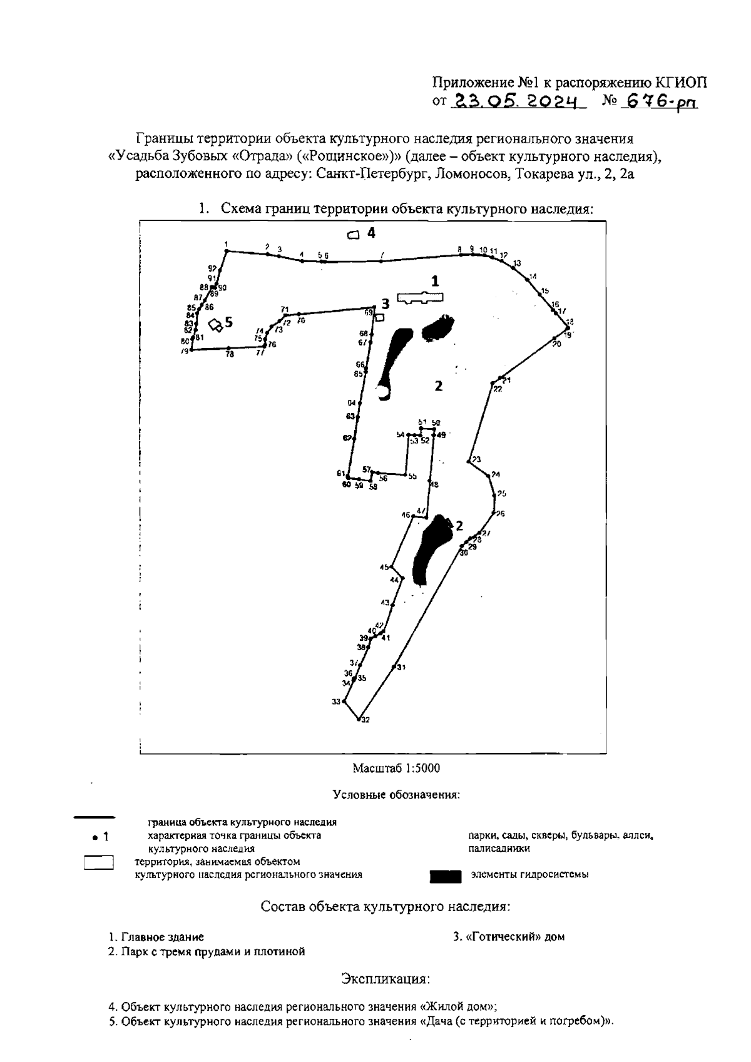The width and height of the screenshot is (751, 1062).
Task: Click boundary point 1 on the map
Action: point(227,251)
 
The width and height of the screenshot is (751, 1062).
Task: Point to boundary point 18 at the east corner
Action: point(568,327)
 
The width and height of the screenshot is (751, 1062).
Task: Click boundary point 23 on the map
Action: point(469,462)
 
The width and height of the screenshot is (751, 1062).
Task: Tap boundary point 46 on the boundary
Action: point(412,516)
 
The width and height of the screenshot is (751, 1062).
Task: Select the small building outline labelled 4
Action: point(354,235)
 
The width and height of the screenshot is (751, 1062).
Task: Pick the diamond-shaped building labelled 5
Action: point(216,324)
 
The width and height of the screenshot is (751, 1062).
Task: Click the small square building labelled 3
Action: point(379,317)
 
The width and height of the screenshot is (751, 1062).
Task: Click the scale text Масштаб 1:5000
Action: point(397,768)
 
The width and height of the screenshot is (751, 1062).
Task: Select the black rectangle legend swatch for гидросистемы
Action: point(446,876)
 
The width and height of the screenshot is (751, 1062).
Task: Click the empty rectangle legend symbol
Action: point(98,863)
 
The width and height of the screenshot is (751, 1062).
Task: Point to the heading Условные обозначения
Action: point(397,795)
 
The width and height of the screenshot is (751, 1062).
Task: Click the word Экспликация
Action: point(385,978)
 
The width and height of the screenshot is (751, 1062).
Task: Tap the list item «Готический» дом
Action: point(509,937)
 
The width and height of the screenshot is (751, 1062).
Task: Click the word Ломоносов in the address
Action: point(468,175)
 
